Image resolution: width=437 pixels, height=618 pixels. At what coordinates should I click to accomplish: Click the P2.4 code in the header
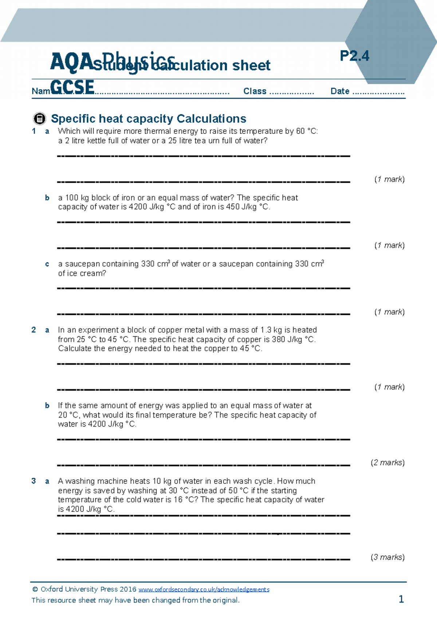pyautogui.click(x=354, y=56)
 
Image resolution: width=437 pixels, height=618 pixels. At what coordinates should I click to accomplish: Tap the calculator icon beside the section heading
pyautogui.click(x=39, y=119)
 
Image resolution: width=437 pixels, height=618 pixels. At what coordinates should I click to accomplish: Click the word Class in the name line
pyautogui.click(x=255, y=91)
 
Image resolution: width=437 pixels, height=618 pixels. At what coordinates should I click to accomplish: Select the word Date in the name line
pyautogui.click(x=340, y=91)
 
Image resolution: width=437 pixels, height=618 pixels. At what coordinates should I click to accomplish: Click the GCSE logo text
pyautogui.click(x=72, y=87)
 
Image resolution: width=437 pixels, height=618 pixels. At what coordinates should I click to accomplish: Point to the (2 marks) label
pyautogui.click(x=387, y=463)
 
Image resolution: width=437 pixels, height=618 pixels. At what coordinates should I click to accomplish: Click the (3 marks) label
pyautogui.click(x=387, y=557)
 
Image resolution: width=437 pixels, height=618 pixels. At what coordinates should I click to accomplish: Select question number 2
pyautogui.click(x=34, y=330)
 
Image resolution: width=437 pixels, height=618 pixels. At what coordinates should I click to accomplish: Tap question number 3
pyautogui.click(x=34, y=481)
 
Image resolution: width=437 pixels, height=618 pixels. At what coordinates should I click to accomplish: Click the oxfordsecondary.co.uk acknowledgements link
pyautogui.click(x=204, y=590)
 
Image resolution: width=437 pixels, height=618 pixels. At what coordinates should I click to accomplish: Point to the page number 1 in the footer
pyautogui.click(x=401, y=599)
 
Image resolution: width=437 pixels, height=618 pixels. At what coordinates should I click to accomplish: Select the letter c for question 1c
pyautogui.click(x=47, y=264)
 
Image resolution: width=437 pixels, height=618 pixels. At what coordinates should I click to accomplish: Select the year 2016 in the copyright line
pyautogui.click(x=128, y=589)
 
